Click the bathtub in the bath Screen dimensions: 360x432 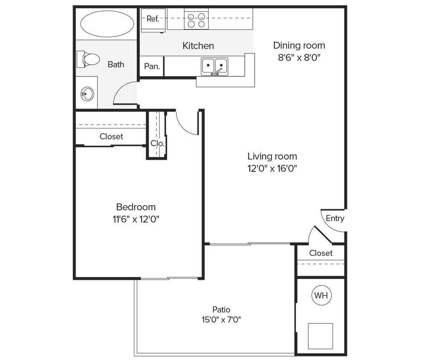(107, 24)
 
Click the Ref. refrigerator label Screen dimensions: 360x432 (153, 19)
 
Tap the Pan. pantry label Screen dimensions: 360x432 (152, 67)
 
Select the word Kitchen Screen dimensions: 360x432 (198, 46)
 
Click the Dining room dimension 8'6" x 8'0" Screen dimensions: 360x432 (299, 58)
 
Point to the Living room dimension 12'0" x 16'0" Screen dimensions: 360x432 (272, 168)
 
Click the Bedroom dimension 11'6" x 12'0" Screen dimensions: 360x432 (136, 219)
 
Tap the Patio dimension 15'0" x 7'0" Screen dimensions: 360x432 (221, 319)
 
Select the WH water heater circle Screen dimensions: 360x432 (321, 295)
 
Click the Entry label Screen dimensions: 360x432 (335, 218)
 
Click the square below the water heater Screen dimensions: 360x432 (320, 336)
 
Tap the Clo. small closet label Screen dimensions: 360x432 (157, 143)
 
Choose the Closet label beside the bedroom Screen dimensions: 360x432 (111, 136)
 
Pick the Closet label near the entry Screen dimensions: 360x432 (321, 253)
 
